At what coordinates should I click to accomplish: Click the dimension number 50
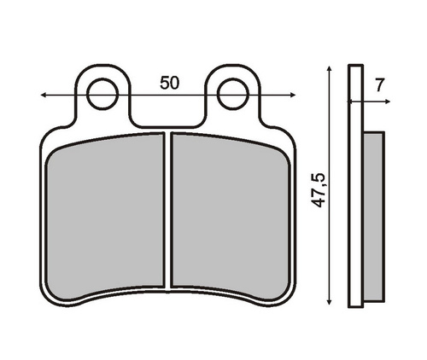pos(170,83)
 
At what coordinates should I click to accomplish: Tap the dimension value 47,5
pos(318,189)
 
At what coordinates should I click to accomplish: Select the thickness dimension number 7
pos(379,85)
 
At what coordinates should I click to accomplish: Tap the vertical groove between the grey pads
pos(168,211)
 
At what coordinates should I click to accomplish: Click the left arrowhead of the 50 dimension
pos(44,95)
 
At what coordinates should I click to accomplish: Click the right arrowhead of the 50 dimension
pos(293,95)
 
